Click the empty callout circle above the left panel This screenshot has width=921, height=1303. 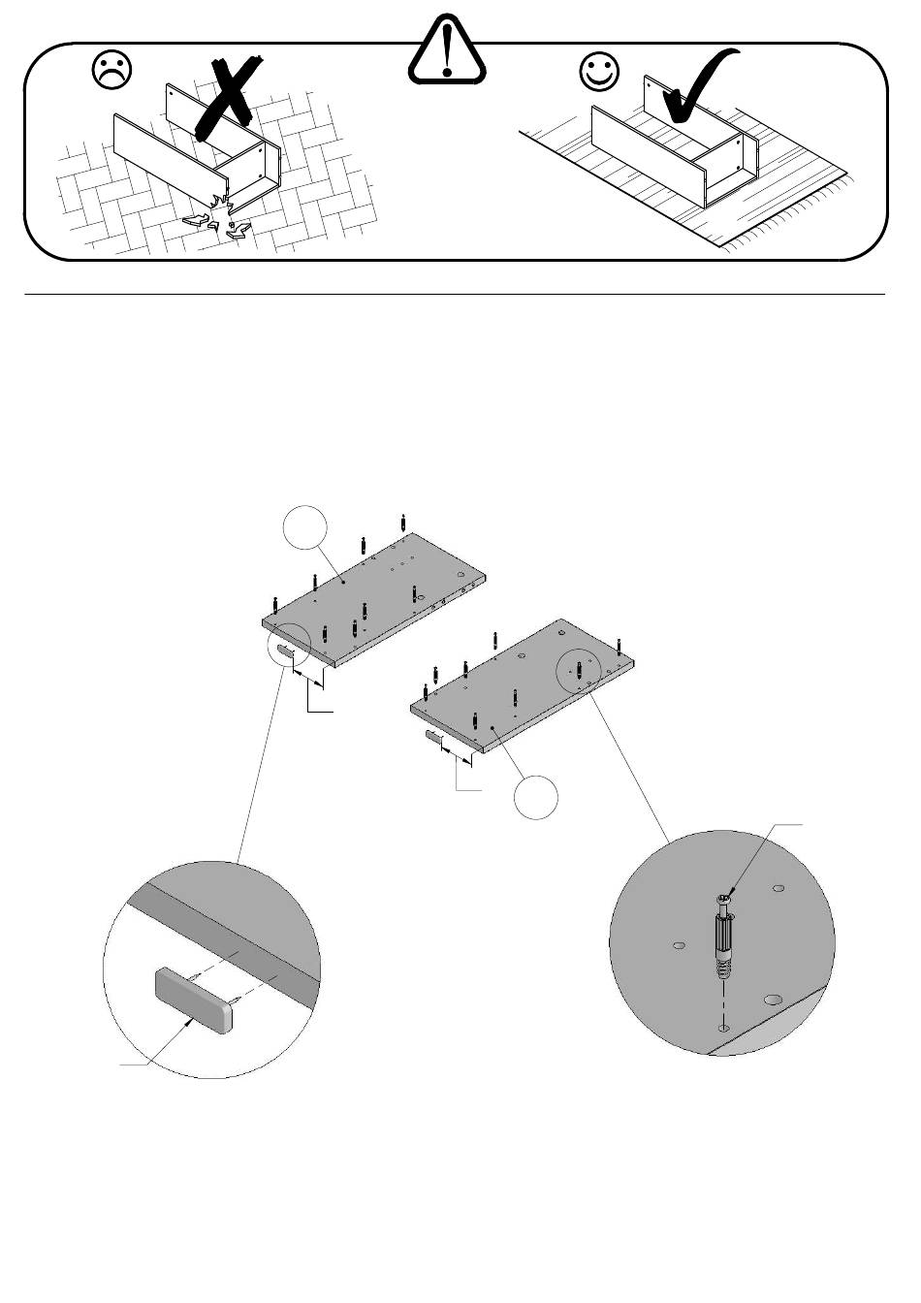click(x=304, y=527)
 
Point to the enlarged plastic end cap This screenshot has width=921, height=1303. click(x=194, y=999)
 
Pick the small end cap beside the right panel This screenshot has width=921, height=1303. click(x=431, y=740)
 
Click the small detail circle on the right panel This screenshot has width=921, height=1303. click(x=580, y=670)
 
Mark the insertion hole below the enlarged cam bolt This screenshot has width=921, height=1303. click(x=722, y=1027)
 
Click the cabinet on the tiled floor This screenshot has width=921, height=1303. click(x=199, y=155)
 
